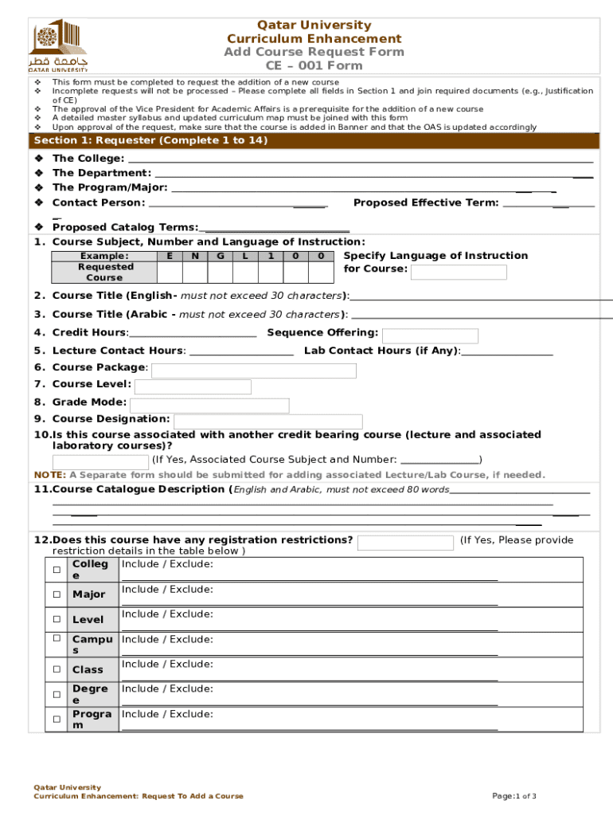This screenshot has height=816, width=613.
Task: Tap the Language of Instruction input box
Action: [458, 272]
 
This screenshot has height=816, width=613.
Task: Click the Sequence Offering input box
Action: [431, 335]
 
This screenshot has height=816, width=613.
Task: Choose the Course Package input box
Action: [253, 371]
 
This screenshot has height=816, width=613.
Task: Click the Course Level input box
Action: [193, 387]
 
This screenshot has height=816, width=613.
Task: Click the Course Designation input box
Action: [267, 422]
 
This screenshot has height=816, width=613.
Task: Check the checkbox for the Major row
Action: [57, 594]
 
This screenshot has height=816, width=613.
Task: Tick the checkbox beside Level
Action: [57, 619]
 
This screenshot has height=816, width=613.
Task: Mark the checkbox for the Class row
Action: [57, 669]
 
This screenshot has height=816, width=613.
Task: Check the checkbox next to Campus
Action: [57, 638]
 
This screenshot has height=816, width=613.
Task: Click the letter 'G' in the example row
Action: [220, 256]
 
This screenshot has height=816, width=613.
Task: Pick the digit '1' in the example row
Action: [271, 256]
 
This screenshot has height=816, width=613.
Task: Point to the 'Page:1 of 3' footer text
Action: [514, 796]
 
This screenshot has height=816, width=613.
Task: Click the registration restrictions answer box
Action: [405, 543]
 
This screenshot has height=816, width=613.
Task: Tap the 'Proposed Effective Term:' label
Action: [426, 202]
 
